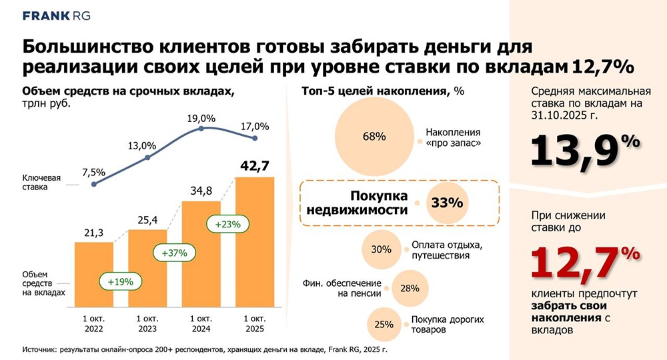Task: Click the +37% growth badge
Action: click(x=175, y=253)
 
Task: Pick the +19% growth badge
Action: click(x=121, y=281)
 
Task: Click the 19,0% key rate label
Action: click(x=202, y=118)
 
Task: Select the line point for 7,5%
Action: click(x=93, y=184)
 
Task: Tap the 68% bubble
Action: click(x=374, y=137)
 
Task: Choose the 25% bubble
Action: click(x=384, y=325)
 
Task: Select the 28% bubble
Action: click(x=410, y=288)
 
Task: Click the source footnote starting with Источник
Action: click(x=205, y=349)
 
